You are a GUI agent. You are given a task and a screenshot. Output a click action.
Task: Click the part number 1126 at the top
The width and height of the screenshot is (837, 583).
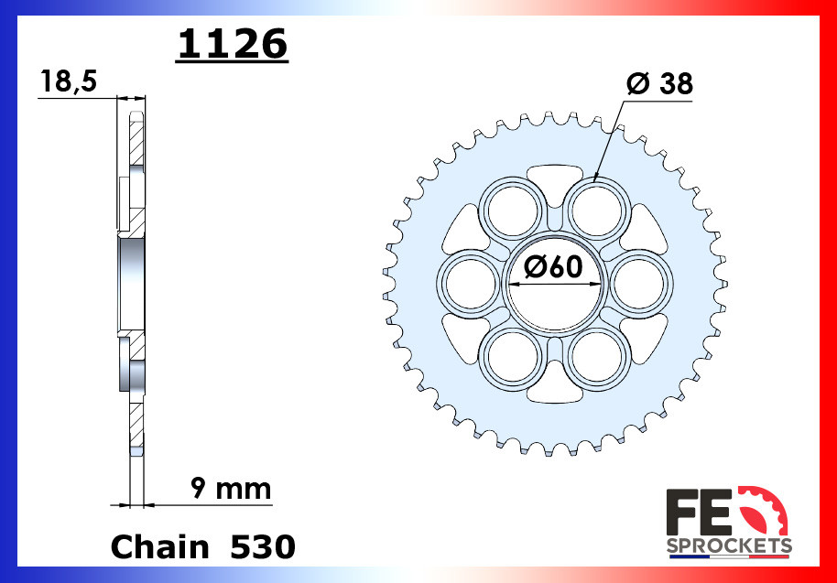point(233,44)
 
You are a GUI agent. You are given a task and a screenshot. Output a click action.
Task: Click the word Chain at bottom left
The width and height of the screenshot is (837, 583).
point(159,546)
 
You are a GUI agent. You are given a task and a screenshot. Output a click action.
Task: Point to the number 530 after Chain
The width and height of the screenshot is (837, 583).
point(262,546)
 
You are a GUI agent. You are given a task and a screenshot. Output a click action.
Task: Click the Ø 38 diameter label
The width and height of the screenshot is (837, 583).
point(659,84)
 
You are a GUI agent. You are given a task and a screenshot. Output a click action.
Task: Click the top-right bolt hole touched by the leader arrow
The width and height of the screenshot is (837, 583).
point(594,209)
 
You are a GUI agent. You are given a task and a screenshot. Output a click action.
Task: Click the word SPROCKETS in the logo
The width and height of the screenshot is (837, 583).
point(728,546)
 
